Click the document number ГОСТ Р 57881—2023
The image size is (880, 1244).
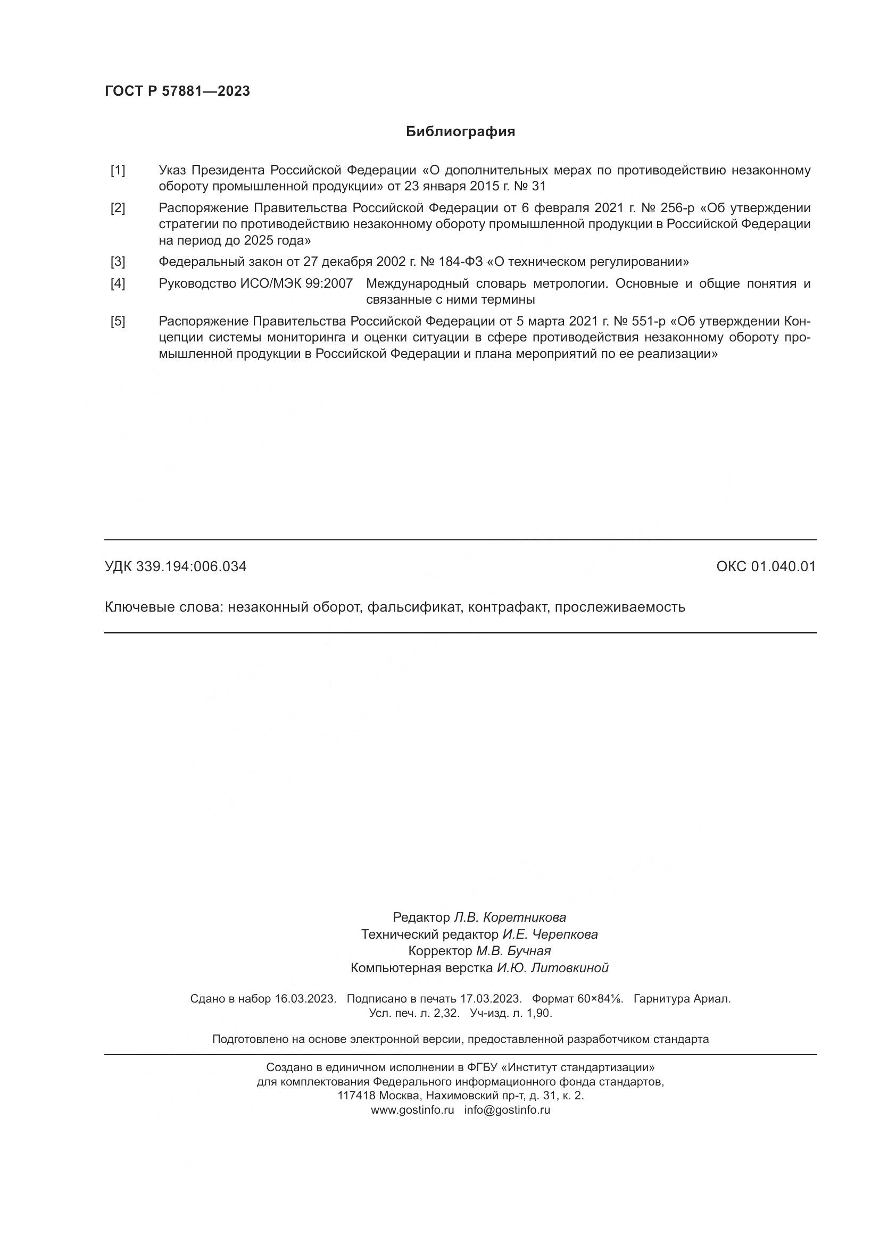[177, 91]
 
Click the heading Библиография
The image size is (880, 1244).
[460, 132]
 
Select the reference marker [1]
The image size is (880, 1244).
[118, 170]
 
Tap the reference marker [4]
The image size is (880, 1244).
[118, 283]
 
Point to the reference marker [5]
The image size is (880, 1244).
[118, 321]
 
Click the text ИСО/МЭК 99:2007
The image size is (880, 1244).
[296, 283]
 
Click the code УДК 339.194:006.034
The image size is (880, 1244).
[176, 567]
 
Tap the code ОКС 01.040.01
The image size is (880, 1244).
[766, 567]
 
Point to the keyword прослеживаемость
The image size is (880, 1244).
[619, 607]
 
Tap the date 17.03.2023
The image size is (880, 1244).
[491, 999]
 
